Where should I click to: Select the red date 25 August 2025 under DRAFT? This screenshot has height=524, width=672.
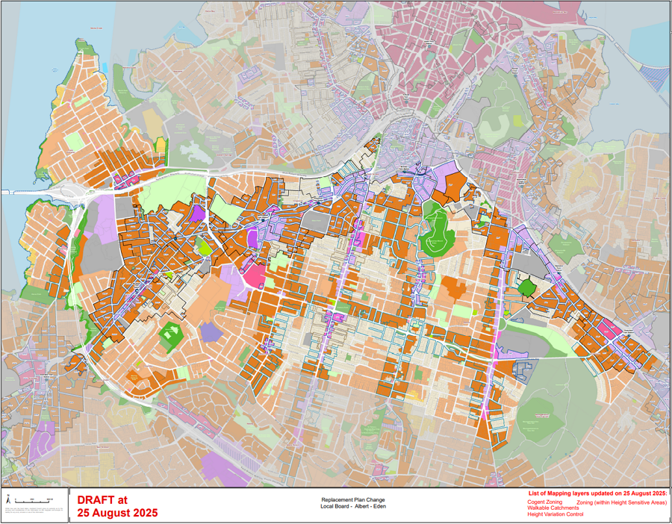coord(117,514)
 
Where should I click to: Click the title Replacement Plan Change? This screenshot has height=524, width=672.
coord(352,499)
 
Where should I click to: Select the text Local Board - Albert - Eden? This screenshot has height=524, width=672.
coord(352,506)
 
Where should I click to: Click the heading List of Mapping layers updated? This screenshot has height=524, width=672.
coord(597,494)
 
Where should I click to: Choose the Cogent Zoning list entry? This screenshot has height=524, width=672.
coord(545,502)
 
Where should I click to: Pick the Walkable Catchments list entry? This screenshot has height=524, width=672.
coord(553,508)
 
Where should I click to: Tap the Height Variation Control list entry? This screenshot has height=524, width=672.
coord(556,514)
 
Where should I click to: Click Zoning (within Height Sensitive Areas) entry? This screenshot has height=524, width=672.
coord(621,502)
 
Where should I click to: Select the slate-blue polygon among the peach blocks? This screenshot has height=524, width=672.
coord(211,332)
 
